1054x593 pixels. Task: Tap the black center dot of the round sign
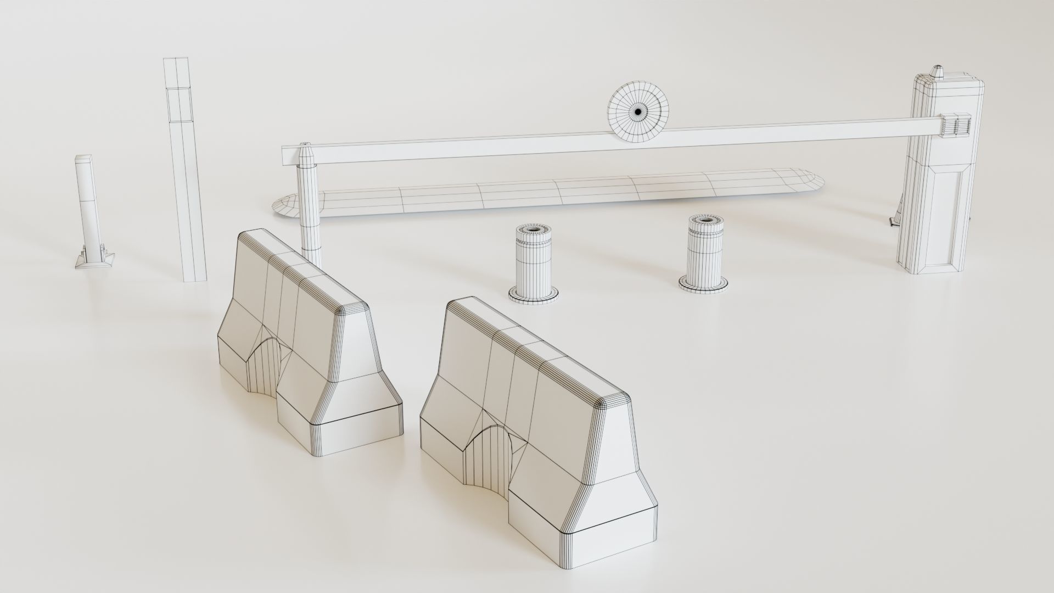pos(638,112)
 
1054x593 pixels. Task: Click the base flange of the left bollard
pos(533,296)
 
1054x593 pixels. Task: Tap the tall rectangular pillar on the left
pos(186,170)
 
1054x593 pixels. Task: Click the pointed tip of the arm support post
pos(306,148)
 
